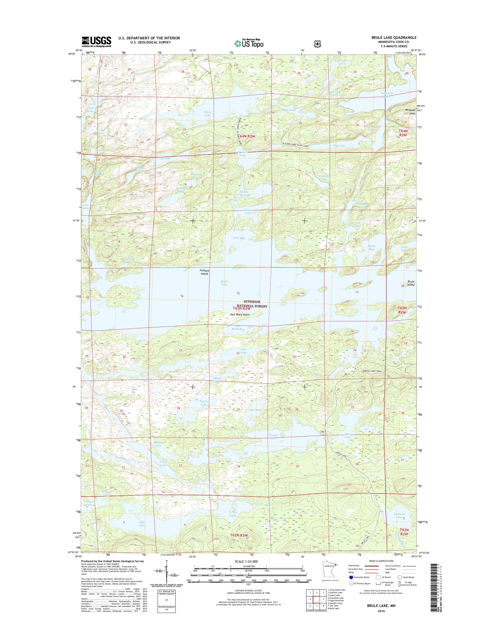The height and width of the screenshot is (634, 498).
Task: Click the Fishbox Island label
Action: tap(204, 272)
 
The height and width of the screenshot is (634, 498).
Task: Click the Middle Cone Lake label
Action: tap(244, 193)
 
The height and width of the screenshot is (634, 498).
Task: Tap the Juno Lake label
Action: tap(243, 351)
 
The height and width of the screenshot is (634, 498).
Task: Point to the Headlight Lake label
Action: tap(128, 260)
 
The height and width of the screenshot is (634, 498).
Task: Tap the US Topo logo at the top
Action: tap(249, 43)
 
